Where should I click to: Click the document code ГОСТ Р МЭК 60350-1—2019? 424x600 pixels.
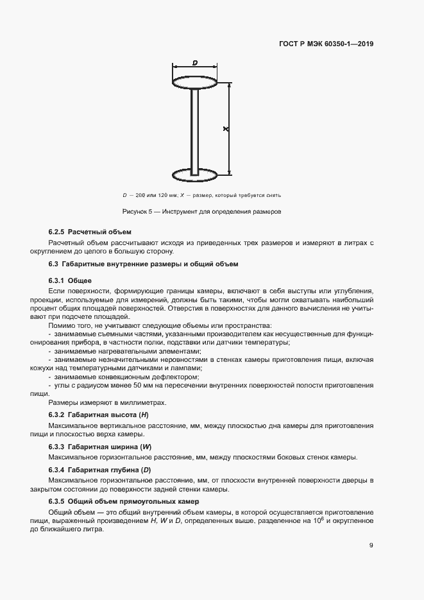[x=327, y=44]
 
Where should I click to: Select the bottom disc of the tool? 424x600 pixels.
[x=195, y=173]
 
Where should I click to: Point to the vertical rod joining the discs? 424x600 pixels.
[x=195, y=128]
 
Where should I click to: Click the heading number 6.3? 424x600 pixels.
[x=54, y=264]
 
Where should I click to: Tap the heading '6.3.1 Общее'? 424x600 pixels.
[x=71, y=280]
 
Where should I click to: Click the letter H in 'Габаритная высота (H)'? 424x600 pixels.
[x=145, y=415]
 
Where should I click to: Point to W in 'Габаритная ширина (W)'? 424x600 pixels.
[x=147, y=446]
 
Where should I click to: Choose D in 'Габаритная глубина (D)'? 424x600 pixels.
[x=146, y=470]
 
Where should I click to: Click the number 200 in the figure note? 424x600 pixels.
[x=142, y=194]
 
